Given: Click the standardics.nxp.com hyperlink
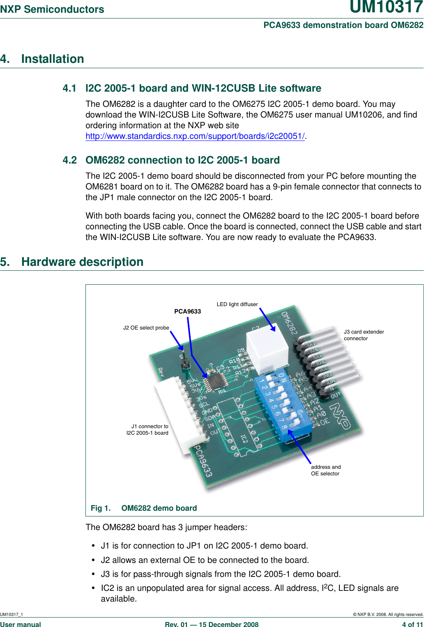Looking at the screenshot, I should click(x=195, y=136).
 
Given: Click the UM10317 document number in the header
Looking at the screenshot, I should click(x=386, y=7).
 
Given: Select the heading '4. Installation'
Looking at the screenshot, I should click(x=42, y=59).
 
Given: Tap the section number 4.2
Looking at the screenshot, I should click(x=69, y=160).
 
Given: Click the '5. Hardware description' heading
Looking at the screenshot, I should click(x=72, y=262).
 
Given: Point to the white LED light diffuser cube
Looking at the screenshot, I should click(x=267, y=348).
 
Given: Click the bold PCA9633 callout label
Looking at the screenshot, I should click(x=187, y=311).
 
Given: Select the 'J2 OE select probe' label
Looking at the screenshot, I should click(x=146, y=328).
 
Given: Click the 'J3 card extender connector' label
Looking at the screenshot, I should click(x=364, y=335).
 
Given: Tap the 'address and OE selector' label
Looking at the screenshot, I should click(x=325, y=470).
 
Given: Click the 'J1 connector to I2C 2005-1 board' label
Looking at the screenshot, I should click(x=148, y=429).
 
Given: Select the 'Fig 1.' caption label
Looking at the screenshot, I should click(x=101, y=508).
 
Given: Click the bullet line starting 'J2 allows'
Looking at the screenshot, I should click(x=205, y=560).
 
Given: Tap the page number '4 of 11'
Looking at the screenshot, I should click(x=412, y=625).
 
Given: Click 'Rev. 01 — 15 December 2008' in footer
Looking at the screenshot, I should click(x=212, y=625).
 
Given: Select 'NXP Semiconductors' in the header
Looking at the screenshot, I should click(x=52, y=9).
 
